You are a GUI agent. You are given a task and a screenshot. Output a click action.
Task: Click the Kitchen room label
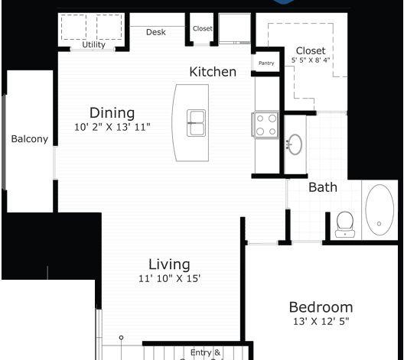pos(213,72)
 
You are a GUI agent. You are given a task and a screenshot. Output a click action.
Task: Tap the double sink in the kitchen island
pos(197,123)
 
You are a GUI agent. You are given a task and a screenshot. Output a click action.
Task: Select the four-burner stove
pos(266,125)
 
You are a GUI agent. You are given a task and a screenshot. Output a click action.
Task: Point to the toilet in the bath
pos(345,224)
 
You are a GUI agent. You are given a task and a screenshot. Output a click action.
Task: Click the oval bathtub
pos(380,209)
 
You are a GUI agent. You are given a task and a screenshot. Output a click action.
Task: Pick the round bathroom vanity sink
pos(295,144)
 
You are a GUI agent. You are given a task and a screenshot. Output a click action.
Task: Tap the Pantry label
pos(266,63)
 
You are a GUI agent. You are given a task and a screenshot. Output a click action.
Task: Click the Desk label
pos(156,32)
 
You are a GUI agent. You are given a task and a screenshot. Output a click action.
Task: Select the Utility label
pos(93,45)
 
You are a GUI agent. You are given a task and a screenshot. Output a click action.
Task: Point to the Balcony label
pos(30,139)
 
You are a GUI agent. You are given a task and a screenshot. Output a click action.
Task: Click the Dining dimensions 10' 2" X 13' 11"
pos(112,127)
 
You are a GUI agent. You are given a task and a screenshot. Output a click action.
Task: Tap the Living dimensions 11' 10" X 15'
pos(170,278)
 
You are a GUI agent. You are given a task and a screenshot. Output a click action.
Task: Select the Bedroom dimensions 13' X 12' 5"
pos(321,321)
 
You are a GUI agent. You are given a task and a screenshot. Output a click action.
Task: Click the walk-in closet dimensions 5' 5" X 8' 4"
pos(311,60)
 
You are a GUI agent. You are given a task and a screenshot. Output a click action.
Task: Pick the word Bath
pos(323,187)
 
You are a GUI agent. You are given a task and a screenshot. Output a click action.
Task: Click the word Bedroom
pos(321,307)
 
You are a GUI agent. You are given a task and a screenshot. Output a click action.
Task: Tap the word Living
pos(169,265)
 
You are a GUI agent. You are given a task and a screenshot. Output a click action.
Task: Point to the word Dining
pos(112,113)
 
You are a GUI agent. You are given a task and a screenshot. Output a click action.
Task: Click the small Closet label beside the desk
pos(203,28)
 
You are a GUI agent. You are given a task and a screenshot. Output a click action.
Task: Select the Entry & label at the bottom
pos(205,352)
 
